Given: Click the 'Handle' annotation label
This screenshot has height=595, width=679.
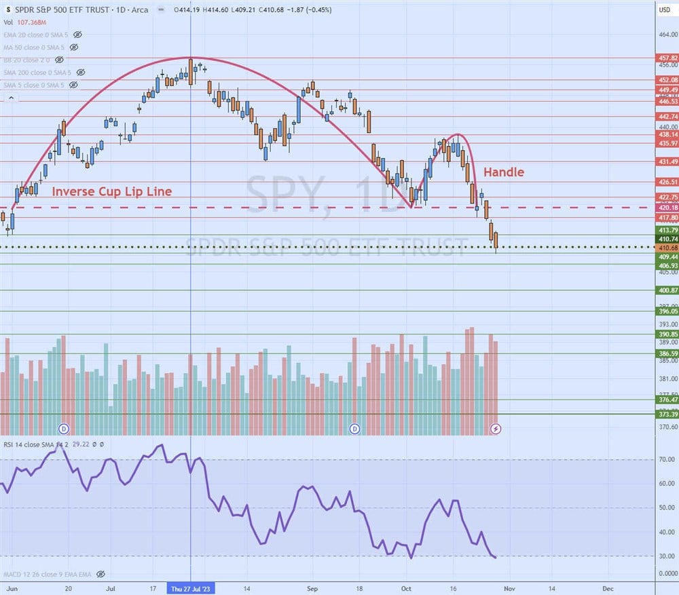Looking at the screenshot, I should click(503, 172).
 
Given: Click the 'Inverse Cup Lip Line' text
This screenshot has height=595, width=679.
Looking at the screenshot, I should click(112, 191).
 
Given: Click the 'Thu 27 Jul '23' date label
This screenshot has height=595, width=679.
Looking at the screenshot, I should click(191, 588).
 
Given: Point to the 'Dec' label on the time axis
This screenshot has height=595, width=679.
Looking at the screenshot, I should click(608, 588).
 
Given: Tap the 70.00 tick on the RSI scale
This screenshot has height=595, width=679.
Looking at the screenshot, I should click(667, 459).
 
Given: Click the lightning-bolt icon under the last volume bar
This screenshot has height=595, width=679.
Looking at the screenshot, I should click(496, 429).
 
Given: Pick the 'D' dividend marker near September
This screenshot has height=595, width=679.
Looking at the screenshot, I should click(354, 429).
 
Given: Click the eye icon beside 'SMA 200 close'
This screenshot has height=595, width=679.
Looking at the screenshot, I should click(80, 72).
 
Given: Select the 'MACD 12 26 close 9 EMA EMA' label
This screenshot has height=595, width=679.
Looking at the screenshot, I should click(46, 574).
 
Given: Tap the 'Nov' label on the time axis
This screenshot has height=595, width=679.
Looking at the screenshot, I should click(510, 588).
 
